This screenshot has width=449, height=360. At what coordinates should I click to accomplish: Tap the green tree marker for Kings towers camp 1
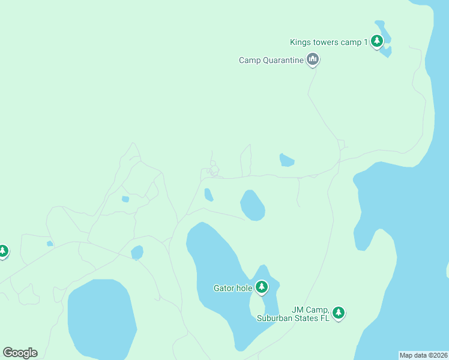point(377,41)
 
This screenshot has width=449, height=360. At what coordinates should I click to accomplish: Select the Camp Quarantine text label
point(271,60)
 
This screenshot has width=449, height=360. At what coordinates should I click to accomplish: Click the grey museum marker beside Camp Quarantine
point(312,59)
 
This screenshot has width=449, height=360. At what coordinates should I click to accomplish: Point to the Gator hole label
point(233,288)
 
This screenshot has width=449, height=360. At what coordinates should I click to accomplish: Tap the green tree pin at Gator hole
point(261,287)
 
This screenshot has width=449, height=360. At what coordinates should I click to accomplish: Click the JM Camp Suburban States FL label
point(310,314)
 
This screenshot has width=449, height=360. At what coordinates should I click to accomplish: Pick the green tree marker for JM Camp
point(339,313)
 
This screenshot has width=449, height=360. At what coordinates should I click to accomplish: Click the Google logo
point(20,353)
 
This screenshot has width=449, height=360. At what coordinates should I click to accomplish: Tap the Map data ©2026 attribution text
point(423,355)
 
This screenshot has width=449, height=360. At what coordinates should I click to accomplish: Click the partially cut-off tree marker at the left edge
point(3,251)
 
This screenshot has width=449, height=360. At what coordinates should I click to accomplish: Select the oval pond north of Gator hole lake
point(252,205)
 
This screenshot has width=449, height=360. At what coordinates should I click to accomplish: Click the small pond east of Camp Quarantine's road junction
point(286,160)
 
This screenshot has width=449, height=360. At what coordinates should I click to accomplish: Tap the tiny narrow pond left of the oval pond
point(208,195)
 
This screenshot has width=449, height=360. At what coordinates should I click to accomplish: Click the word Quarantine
point(282,60)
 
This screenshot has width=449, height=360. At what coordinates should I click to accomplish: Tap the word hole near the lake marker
point(244,288)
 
